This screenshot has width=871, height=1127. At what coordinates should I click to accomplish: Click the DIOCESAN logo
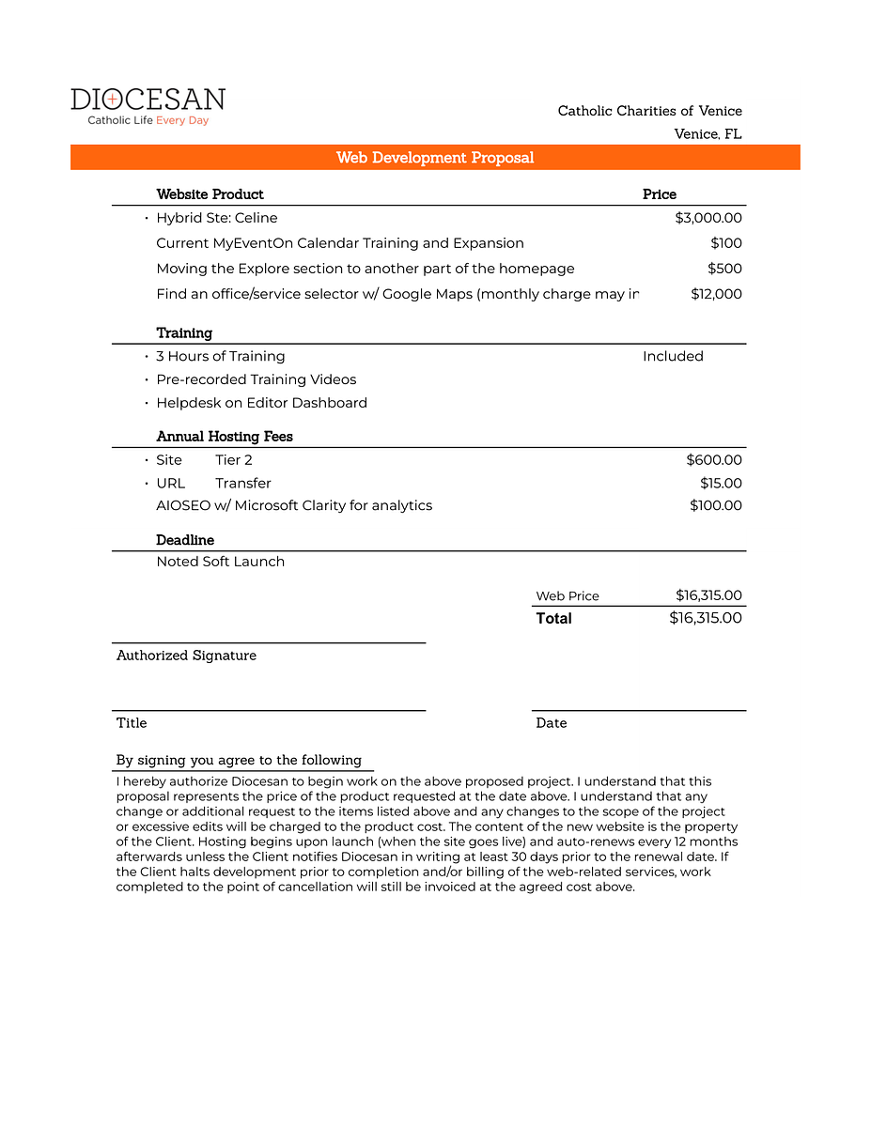148,106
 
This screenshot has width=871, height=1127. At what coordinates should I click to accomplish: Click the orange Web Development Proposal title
435,158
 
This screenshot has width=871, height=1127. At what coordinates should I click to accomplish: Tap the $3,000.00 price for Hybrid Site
708,218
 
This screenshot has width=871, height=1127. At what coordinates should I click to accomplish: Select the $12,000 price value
716,294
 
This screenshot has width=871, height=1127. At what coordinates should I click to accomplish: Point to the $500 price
724,269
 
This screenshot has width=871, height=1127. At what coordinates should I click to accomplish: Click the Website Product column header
210,194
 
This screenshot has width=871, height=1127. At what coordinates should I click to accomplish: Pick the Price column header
659,194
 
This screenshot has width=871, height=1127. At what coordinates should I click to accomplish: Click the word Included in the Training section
673,356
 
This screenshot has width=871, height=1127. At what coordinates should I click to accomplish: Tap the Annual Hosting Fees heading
225,437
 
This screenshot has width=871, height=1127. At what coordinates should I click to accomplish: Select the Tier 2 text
234,460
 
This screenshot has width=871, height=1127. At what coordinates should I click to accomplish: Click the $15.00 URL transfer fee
721,484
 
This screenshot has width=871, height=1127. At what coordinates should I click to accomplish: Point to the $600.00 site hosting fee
714,460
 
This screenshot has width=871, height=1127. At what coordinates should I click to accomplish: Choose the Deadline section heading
185,540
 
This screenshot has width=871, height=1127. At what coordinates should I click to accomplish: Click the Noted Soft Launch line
220,562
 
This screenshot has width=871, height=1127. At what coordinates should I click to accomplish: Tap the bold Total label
553,618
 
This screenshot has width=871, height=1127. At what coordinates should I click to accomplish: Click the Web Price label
568,596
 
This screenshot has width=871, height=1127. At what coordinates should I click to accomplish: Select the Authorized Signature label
186,656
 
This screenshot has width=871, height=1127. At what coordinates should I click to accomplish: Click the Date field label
552,723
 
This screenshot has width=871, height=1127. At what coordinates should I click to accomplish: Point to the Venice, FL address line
708,134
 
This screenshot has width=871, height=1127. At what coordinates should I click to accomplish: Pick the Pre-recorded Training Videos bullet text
257,379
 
